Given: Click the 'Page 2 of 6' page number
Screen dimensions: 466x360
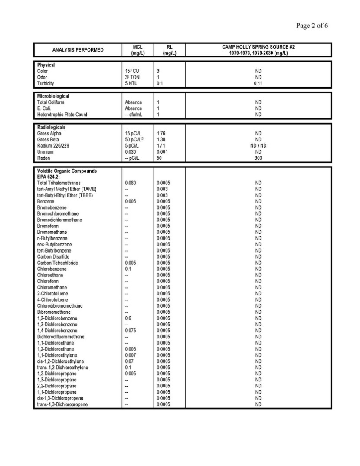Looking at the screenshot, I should click(x=312, y=26).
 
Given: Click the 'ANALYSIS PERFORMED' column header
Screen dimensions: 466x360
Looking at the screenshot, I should click(x=78, y=50).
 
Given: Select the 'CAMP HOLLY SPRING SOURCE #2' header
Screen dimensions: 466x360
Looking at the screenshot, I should click(x=258, y=47).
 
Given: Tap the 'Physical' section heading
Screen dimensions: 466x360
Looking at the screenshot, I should click(x=46, y=65).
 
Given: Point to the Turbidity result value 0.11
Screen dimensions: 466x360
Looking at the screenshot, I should click(x=258, y=83).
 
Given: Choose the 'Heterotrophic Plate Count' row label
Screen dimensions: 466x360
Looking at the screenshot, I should click(x=62, y=115).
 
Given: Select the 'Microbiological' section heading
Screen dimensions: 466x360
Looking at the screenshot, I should click(x=53, y=96).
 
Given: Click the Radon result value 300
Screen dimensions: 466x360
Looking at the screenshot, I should click(x=258, y=158).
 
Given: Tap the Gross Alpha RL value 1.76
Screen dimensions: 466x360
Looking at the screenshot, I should click(x=161, y=134).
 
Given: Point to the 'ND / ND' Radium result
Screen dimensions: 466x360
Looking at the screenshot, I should click(x=258, y=146).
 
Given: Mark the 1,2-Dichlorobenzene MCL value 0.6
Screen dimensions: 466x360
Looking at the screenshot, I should click(x=128, y=318).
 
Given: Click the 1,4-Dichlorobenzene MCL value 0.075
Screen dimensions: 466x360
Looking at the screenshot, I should click(x=131, y=331).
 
